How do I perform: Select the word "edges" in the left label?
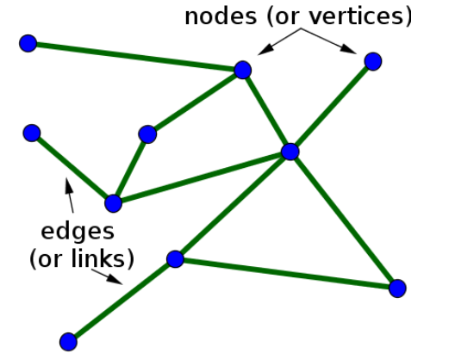77,231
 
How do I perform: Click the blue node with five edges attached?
290,152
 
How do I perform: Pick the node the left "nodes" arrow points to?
243,70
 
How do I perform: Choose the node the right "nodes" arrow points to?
373,60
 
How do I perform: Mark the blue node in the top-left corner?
28,43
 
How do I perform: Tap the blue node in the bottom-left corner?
68,342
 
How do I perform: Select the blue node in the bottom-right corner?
397,289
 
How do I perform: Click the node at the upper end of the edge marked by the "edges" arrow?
32,133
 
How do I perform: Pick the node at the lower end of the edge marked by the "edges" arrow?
113,203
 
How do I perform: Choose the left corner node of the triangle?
175,258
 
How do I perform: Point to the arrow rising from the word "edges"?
69,194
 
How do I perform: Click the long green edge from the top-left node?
135,57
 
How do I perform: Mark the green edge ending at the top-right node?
332,106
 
